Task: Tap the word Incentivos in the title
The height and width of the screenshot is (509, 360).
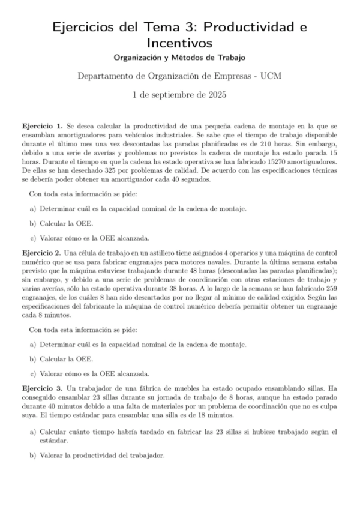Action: coord(180,43)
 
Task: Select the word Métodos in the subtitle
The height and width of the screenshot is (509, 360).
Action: coord(188,58)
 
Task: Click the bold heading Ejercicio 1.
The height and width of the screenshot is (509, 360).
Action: coord(41,127)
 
